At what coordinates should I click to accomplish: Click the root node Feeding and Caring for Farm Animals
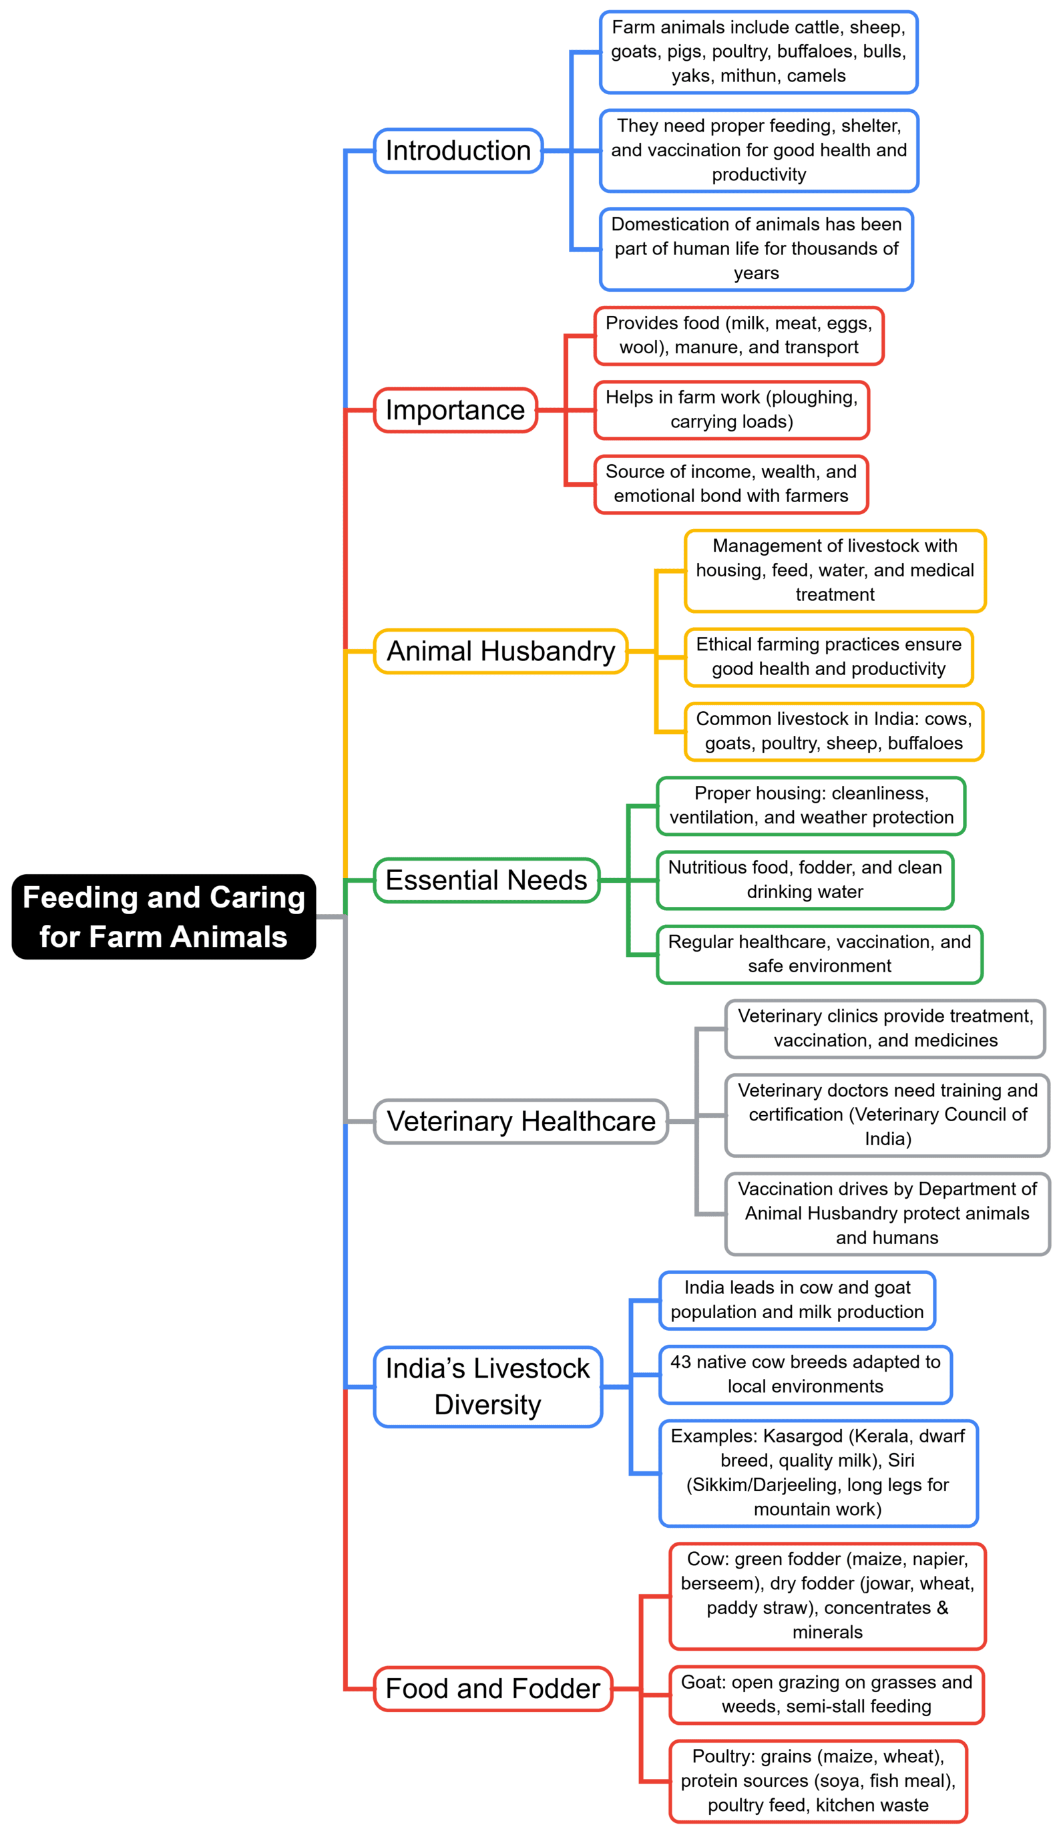(164, 916)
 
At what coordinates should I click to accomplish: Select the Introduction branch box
(458, 150)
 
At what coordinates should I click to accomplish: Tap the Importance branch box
(455, 410)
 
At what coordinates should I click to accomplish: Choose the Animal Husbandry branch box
(500, 651)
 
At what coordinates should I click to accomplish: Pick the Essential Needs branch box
(486, 880)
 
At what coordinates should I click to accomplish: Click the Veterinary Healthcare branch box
(521, 1121)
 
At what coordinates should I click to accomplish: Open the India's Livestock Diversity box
(487, 1386)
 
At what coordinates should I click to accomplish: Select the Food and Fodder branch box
(492, 1688)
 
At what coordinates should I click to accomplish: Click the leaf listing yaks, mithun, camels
(758, 52)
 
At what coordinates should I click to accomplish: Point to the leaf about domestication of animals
(756, 249)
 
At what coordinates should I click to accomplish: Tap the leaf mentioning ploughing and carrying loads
(731, 409)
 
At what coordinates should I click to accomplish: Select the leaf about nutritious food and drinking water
(805, 879)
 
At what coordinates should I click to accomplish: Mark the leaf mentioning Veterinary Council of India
(887, 1114)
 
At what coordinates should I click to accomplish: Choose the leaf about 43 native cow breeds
(805, 1374)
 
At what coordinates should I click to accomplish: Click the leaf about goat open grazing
(826, 1694)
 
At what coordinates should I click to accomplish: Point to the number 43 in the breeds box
(680, 1362)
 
